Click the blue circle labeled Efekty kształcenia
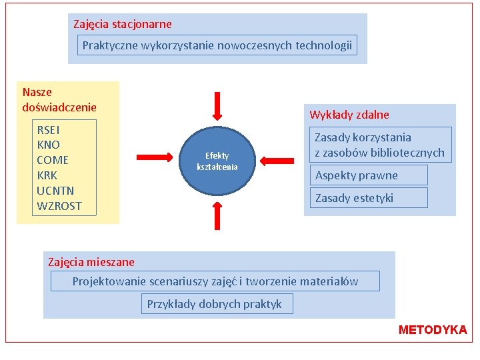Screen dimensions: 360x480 pos(217,161)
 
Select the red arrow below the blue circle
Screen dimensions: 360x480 pos(217,214)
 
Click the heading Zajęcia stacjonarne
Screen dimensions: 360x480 pos(123,24)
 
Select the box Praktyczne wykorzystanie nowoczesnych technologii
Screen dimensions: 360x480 pos(217,45)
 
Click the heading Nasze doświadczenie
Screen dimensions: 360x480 pos(59,99)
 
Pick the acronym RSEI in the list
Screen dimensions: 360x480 pos(48,129)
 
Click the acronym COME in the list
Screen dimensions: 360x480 pos(53,160)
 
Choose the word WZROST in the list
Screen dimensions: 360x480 pos(59,206)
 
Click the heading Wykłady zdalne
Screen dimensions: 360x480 pos(349,115)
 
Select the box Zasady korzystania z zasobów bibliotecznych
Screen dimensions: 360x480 pos(379,145)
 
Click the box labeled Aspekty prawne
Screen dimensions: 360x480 pos(357,175)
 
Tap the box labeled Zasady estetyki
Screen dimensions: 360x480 pos(355,197)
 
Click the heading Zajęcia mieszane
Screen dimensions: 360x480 pos(91,262)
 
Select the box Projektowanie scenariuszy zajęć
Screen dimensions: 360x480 pos(215,281)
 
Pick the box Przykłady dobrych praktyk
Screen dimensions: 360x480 pos(215,304)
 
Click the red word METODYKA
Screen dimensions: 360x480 pos(433,330)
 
